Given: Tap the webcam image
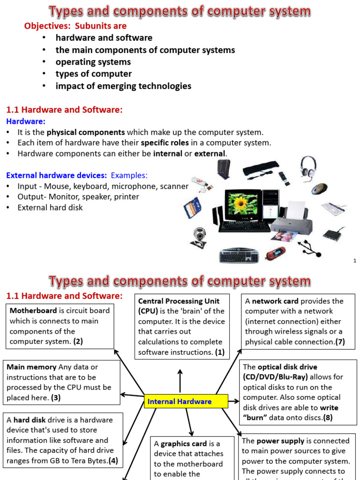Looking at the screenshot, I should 199,237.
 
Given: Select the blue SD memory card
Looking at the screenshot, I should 192,207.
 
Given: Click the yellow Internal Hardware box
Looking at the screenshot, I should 186,401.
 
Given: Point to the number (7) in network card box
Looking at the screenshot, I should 340,342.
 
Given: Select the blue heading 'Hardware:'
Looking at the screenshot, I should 25,121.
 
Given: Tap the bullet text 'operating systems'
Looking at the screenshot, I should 93,62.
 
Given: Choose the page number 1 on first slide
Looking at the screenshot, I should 355,260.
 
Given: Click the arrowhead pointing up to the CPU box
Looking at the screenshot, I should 180,372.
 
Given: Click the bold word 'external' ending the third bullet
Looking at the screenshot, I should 210,153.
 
